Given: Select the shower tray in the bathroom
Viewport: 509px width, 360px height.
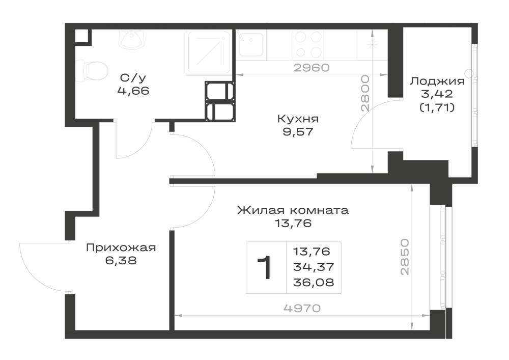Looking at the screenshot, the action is (209, 53).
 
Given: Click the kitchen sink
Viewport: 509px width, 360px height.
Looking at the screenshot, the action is (250, 44).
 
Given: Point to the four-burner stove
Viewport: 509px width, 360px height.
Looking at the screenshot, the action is (308, 45).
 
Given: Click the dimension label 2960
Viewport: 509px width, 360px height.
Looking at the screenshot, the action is (312, 68).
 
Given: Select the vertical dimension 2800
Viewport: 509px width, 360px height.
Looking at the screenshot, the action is (366, 94).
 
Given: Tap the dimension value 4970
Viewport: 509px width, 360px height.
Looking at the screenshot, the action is (302, 308).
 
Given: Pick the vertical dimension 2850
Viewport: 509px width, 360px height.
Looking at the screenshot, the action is (405, 257).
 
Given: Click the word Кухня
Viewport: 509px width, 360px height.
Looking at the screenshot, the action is (298, 119).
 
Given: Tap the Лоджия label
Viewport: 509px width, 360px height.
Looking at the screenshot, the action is (437, 81).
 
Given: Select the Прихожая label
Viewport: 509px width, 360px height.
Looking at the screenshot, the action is (121, 248).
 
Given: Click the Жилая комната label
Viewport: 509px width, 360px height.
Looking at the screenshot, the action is (293, 210).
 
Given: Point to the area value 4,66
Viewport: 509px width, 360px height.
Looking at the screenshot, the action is (133, 91).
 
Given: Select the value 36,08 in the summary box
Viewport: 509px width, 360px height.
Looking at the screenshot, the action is (314, 283).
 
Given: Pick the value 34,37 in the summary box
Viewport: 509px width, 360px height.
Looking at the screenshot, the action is (314, 267).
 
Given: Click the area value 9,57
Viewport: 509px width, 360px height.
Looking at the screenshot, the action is (298, 132).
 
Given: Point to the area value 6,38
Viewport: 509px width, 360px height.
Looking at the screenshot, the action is (121, 260).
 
